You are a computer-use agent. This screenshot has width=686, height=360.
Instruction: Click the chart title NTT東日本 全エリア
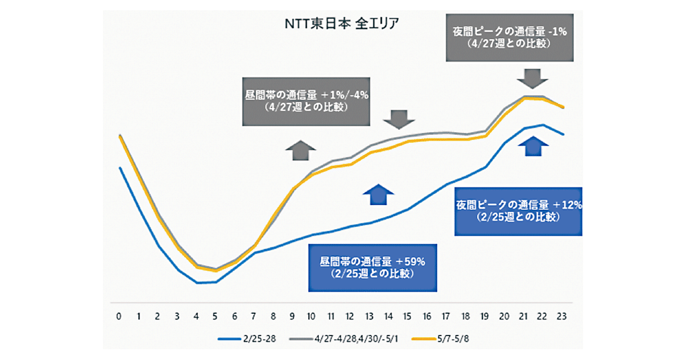(x=342, y=24)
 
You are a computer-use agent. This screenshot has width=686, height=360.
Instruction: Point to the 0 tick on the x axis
(x=119, y=316)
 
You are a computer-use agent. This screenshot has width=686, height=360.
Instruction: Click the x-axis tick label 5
(x=216, y=316)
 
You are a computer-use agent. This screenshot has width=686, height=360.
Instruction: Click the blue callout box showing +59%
(x=372, y=267)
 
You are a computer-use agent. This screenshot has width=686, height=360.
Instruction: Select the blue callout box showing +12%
(x=519, y=210)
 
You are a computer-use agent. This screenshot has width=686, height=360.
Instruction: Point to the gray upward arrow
(x=301, y=151)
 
